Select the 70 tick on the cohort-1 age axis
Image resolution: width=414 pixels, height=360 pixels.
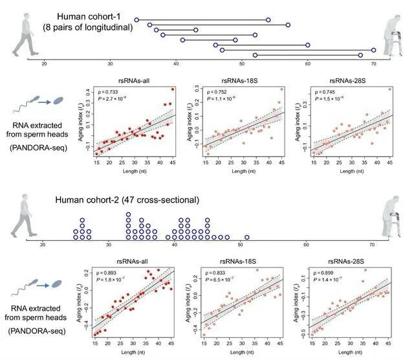click(x=373, y=63)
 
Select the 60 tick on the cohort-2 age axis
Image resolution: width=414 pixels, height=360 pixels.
click(x=305, y=245)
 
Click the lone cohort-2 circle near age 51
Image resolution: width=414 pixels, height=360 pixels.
click(x=246, y=237)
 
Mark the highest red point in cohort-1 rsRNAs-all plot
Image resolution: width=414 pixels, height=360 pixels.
click(x=173, y=89)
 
